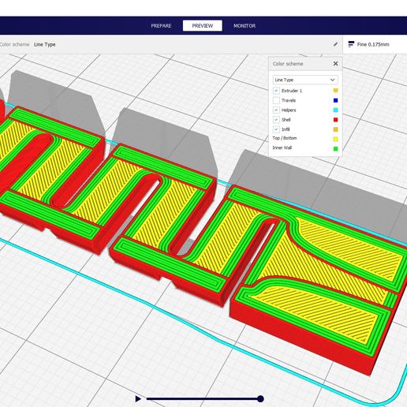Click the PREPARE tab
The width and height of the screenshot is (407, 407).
tap(161, 26)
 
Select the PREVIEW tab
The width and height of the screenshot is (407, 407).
tap(203, 25)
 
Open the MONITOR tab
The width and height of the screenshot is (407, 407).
tap(245, 26)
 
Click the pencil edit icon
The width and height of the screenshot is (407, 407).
tap(335, 44)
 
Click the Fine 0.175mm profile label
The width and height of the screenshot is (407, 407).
tap(373, 44)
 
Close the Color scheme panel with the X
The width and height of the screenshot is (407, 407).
tap(335, 64)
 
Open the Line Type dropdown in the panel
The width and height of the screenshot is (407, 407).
tap(305, 80)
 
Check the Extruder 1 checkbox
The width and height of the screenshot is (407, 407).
tap(276, 91)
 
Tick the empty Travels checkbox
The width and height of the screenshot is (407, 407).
tap(276, 100)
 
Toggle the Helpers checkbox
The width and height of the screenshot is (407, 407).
tap(276, 110)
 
